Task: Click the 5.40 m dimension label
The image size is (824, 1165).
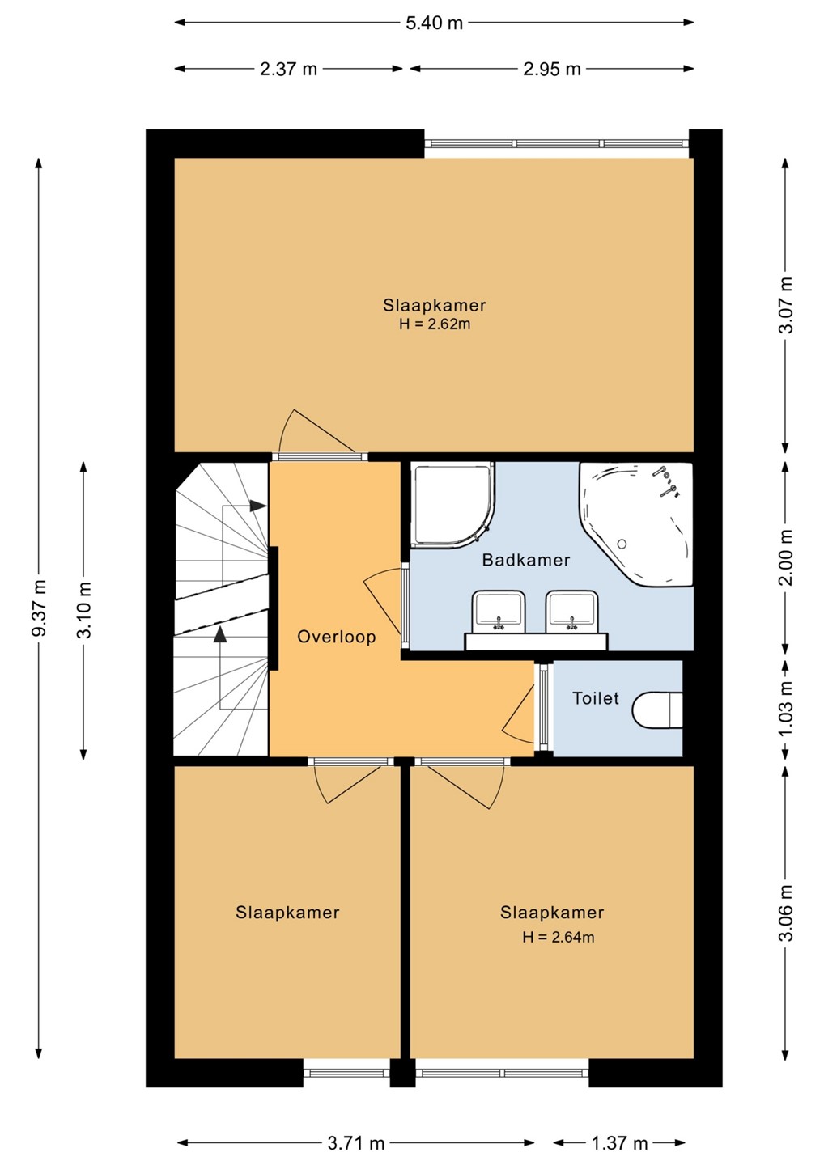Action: (x=434, y=23)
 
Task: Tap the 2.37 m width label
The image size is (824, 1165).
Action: (x=288, y=69)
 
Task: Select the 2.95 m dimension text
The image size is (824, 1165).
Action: (x=551, y=69)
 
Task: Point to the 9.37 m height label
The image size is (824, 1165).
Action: (x=40, y=607)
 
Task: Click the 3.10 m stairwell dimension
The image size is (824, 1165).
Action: (x=84, y=609)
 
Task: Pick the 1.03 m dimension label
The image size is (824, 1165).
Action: (x=787, y=707)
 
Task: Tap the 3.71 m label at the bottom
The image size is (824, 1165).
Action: (x=356, y=1142)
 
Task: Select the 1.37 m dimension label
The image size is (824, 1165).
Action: (x=619, y=1142)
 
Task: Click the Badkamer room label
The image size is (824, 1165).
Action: (x=526, y=560)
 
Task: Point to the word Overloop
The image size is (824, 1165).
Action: (x=336, y=637)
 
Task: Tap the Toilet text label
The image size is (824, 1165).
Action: (x=595, y=698)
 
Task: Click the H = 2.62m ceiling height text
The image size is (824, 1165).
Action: (x=435, y=324)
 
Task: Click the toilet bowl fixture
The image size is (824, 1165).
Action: (x=657, y=710)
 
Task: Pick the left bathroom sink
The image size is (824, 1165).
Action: (x=499, y=612)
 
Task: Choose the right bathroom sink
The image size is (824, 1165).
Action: (x=572, y=612)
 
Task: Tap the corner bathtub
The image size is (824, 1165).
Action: (x=637, y=523)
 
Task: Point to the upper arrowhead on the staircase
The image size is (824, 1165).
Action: (x=257, y=506)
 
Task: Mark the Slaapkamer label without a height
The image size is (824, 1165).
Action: (x=287, y=913)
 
